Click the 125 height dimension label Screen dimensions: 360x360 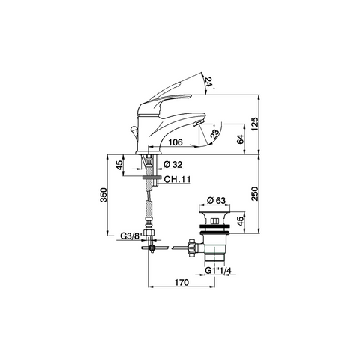pos(255,124)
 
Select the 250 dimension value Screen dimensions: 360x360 pos(255,193)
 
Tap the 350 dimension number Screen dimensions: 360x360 pos(103,195)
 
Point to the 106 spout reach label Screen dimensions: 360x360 pos(175,142)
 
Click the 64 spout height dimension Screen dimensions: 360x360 pos(240,139)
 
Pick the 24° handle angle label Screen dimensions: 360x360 pos(209,82)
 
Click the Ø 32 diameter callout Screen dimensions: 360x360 pos(173,165)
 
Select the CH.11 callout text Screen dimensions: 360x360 pos(177,179)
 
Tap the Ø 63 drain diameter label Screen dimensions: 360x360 pos(217,200)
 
